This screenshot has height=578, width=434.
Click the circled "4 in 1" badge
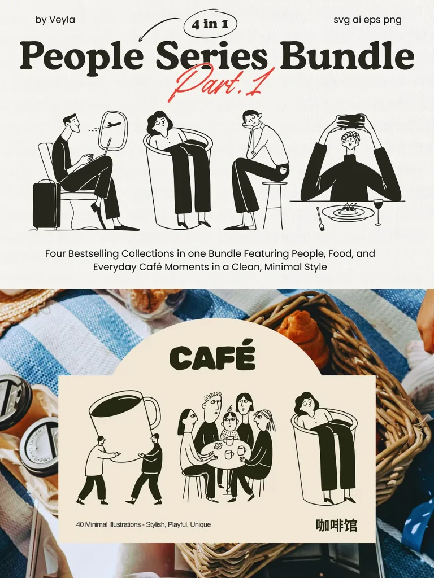click(210, 24)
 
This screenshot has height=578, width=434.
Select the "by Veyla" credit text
click(55, 20)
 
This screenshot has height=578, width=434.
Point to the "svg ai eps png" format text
click(367, 20)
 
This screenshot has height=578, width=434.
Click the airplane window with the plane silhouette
click(112, 131)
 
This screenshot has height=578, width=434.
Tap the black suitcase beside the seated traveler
click(46, 204)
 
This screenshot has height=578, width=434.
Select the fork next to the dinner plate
click(320, 218)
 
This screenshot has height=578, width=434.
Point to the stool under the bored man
click(275, 205)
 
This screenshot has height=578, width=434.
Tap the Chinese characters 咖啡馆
click(336, 526)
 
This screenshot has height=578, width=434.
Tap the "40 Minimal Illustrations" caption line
click(144, 524)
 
